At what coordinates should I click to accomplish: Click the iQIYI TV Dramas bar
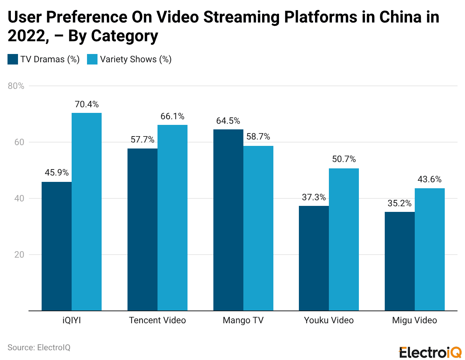click(57, 246)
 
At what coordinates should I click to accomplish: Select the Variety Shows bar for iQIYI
click(87, 211)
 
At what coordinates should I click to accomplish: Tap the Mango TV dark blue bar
click(228, 220)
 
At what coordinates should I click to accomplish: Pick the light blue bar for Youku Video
click(344, 239)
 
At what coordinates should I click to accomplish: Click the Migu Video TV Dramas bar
click(400, 261)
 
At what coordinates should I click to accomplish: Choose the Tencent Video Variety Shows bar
click(172, 217)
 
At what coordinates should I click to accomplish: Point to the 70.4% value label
click(87, 104)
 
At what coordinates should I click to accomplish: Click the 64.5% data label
click(228, 121)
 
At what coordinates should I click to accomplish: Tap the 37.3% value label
click(314, 197)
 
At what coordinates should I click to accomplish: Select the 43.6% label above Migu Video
click(429, 179)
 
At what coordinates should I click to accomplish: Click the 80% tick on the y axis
click(16, 86)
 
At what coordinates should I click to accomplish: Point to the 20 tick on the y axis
click(19, 255)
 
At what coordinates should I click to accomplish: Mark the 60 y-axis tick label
click(19, 142)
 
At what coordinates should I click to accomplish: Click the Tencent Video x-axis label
click(157, 320)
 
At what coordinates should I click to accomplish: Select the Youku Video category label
click(329, 320)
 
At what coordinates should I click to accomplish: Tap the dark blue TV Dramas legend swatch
click(13, 59)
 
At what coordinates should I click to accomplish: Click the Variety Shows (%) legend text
click(136, 59)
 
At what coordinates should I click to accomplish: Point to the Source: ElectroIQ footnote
click(39, 348)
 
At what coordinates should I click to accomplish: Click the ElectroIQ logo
click(430, 352)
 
